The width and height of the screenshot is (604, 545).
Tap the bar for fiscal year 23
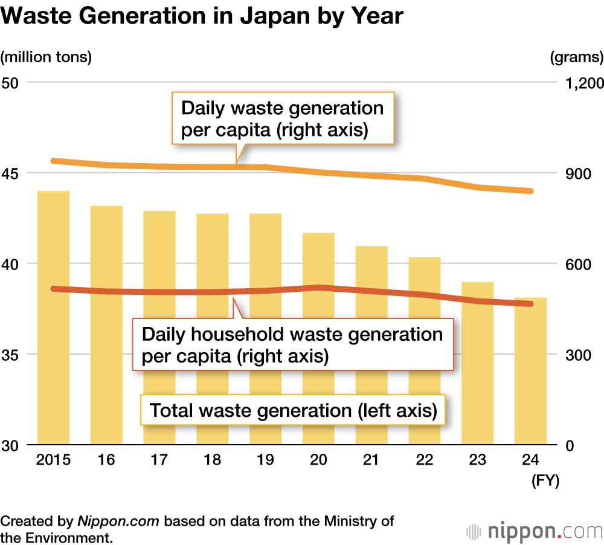click(x=478, y=375)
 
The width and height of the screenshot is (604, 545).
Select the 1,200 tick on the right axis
click(x=581, y=83)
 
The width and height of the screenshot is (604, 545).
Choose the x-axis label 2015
click(x=53, y=460)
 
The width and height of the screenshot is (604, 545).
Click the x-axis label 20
click(x=318, y=460)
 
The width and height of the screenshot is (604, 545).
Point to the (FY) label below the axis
click(x=545, y=481)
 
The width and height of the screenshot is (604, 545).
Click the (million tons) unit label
click(x=47, y=57)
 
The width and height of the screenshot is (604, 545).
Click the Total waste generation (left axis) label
click(x=293, y=411)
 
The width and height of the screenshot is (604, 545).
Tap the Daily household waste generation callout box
click(x=292, y=344)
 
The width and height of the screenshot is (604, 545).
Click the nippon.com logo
click(x=535, y=532)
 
